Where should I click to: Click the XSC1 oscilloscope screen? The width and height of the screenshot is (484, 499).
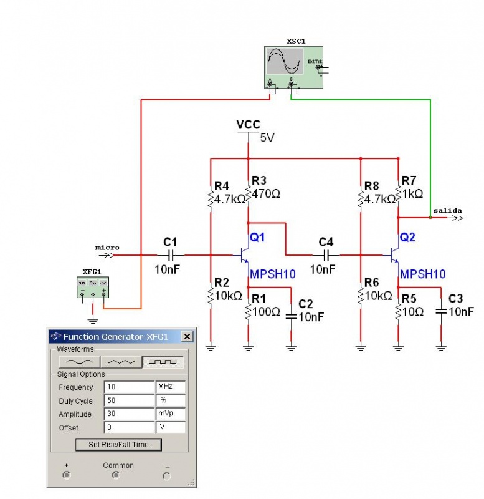coord(284,61)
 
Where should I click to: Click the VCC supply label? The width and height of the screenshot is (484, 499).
coord(248,125)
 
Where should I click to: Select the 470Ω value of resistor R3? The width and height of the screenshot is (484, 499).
coord(266,194)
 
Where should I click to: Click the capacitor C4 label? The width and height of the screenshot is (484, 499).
coord(326,242)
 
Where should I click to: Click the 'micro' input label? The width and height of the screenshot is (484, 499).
coord(107,247)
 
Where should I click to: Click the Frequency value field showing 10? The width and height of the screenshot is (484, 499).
coord(128,387)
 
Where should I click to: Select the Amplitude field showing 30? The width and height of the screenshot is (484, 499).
coord(128,414)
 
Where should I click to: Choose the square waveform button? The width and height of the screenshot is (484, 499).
coord(163,362)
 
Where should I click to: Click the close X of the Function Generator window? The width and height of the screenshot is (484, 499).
coord(187,337)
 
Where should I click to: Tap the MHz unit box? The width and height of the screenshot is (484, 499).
coord(170,387)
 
